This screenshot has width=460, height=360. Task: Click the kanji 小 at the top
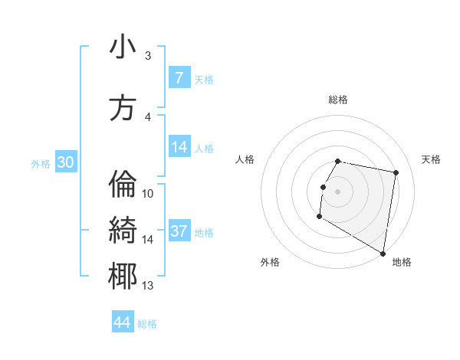click(x=123, y=47)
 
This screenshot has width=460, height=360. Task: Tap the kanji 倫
click(x=123, y=185)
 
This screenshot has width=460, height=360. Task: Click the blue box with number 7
click(x=179, y=78)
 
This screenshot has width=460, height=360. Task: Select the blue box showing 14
click(x=179, y=148)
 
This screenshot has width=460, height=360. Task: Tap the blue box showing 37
click(x=179, y=231)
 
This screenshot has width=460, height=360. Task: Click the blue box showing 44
click(x=123, y=322)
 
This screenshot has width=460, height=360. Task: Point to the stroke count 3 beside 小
click(x=148, y=56)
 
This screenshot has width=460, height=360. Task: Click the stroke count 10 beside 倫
click(x=148, y=194)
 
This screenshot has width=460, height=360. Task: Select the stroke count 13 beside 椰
click(x=148, y=286)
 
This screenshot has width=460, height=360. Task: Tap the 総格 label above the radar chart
click(x=338, y=100)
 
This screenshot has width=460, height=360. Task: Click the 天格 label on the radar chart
click(x=431, y=159)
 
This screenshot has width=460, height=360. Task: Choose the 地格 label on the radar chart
click(x=402, y=262)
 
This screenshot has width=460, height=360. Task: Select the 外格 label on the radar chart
click(x=270, y=262)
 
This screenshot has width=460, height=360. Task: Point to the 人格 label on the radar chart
click(x=245, y=159)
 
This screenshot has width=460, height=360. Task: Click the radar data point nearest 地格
click(x=383, y=253)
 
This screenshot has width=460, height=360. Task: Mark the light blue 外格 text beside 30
click(x=40, y=163)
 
